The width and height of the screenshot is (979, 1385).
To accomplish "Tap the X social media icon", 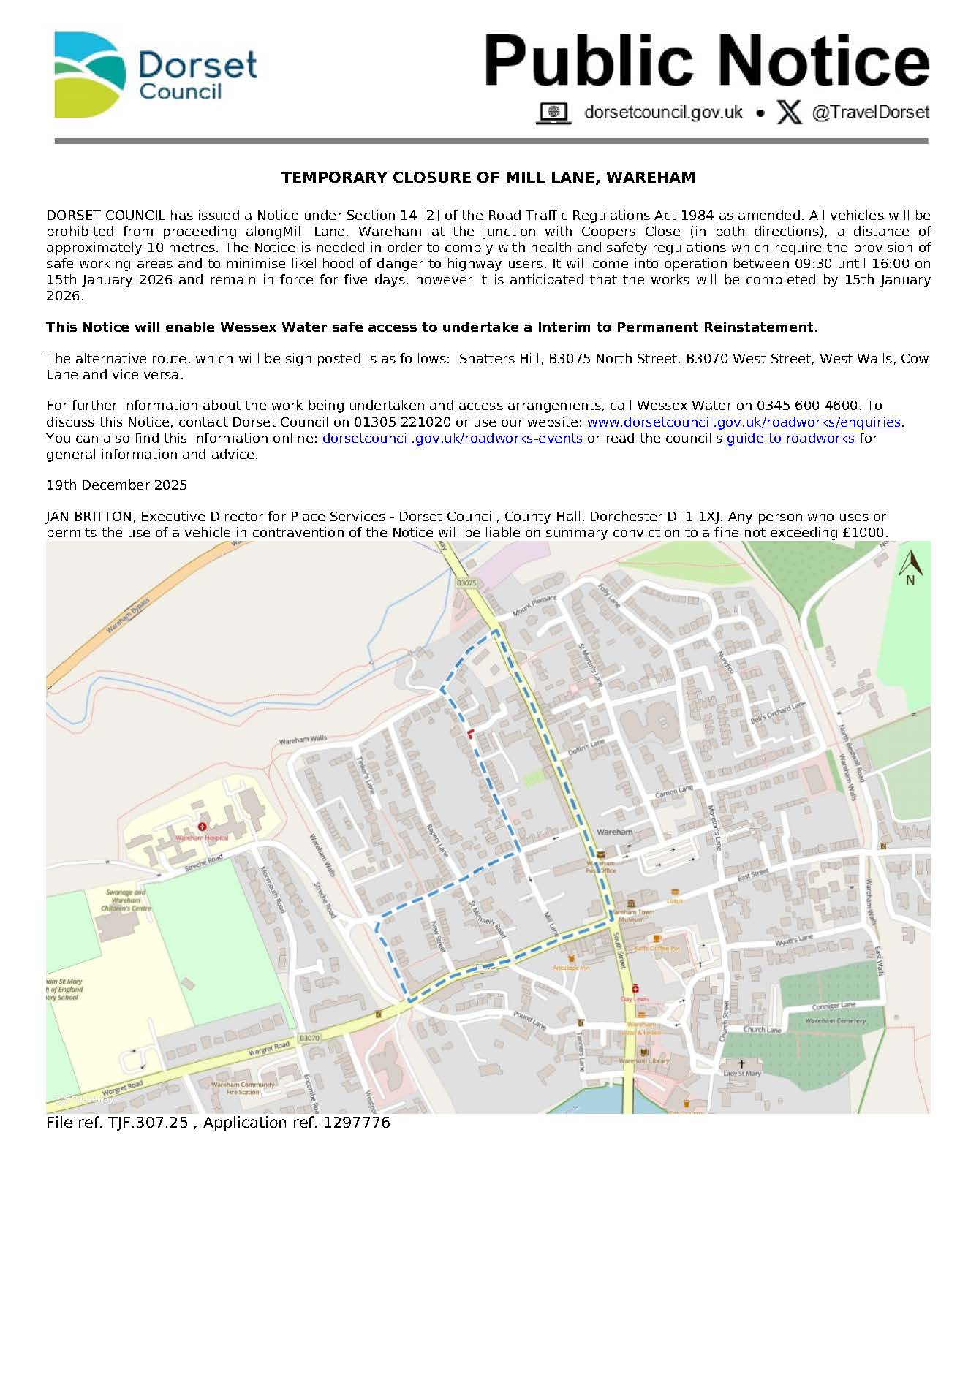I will [789, 113].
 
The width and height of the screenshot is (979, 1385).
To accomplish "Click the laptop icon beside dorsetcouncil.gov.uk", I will [553, 113].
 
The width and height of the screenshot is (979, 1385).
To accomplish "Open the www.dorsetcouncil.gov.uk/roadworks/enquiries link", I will [744, 422].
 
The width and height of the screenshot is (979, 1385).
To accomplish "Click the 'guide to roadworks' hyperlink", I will [790, 438].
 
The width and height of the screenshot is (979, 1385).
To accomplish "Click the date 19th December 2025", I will [116, 485].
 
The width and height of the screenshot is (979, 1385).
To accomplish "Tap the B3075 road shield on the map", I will [466, 583].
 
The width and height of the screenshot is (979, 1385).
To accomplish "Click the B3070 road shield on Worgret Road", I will [309, 1038].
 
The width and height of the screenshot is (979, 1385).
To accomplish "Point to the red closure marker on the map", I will [470, 733].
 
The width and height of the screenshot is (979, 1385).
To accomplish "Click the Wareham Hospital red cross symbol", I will [203, 826].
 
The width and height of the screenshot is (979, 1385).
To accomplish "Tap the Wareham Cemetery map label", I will [834, 1020].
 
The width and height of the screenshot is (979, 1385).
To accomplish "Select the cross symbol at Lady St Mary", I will [741, 1063].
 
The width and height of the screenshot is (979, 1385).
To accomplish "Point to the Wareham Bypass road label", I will [128, 615].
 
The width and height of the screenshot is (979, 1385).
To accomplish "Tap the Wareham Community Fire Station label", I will [243, 1088].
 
